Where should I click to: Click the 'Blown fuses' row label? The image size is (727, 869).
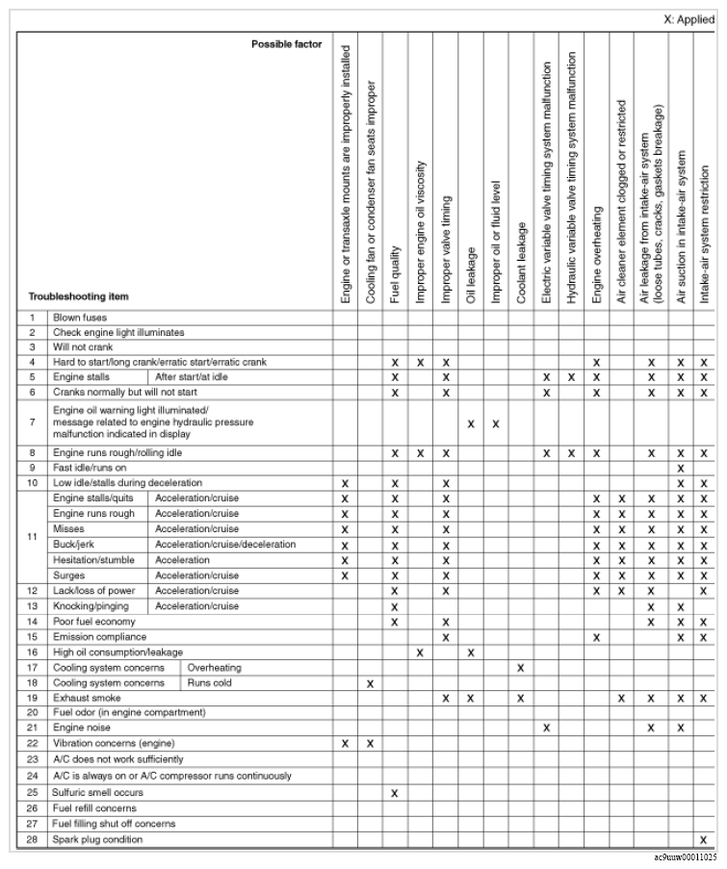click(x=80, y=317)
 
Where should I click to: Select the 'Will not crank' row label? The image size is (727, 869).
click(x=81, y=346)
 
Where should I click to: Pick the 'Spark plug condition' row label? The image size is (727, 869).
click(x=98, y=839)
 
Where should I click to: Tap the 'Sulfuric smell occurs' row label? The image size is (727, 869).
click(x=98, y=792)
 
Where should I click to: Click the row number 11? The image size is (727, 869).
click(x=32, y=537)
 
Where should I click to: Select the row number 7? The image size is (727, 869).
click(x=32, y=422)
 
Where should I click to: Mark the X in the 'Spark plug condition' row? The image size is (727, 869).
click(x=704, y=839)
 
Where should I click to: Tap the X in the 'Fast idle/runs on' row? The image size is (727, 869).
click(x=680, y=467)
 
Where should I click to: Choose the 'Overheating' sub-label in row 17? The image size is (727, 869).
click(x=214, y=667)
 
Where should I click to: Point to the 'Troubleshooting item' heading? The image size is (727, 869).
click(x=78, y=296)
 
